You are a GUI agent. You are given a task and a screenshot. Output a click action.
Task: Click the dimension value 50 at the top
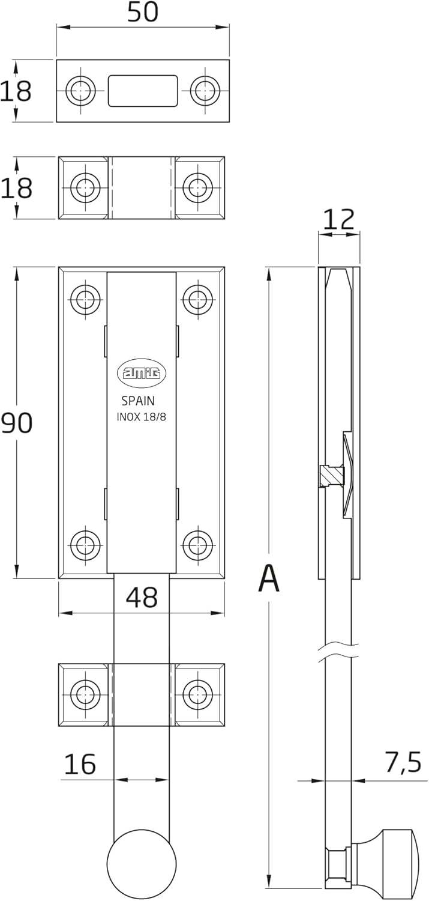[142, 11]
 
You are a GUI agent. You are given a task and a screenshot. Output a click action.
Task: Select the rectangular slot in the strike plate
[143, 91]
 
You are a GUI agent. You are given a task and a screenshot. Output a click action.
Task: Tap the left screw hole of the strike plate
[80, 91]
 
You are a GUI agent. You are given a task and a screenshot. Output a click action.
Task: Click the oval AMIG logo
[142, 372]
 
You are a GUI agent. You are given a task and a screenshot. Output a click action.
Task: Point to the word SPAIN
[138, 401]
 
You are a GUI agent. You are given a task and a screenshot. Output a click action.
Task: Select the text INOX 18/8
[142, 418]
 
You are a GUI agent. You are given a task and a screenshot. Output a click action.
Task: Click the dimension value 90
[16, 423]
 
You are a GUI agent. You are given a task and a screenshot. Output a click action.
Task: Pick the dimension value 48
[142, 598]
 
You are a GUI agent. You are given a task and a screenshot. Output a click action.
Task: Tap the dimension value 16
[79, 764]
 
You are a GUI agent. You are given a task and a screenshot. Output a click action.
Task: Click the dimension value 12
[339, 220]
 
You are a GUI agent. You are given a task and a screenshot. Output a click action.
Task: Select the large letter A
[269, 579]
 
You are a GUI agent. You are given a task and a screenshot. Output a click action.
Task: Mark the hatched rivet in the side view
[329, 476]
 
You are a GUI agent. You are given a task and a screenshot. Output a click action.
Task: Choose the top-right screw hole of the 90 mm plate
[197, 299]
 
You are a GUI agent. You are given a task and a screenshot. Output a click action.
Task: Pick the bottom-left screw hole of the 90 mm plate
[85, 544]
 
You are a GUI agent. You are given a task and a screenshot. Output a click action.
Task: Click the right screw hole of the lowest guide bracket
[197, 694]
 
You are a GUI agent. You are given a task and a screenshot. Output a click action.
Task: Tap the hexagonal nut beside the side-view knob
[337, 866]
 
